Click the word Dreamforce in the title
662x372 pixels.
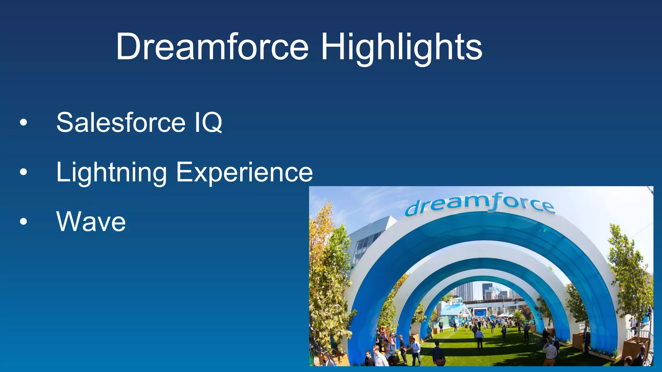click(212, 47)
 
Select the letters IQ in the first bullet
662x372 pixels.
click(208, 123)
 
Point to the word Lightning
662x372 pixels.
click(112, 173)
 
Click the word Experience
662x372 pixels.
click(244, 173)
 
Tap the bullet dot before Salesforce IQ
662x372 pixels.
click(23, 123)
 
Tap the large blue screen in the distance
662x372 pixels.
click(480, 313)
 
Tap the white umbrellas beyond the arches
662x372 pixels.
click(503, 315)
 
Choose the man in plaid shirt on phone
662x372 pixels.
click(550, 354)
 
